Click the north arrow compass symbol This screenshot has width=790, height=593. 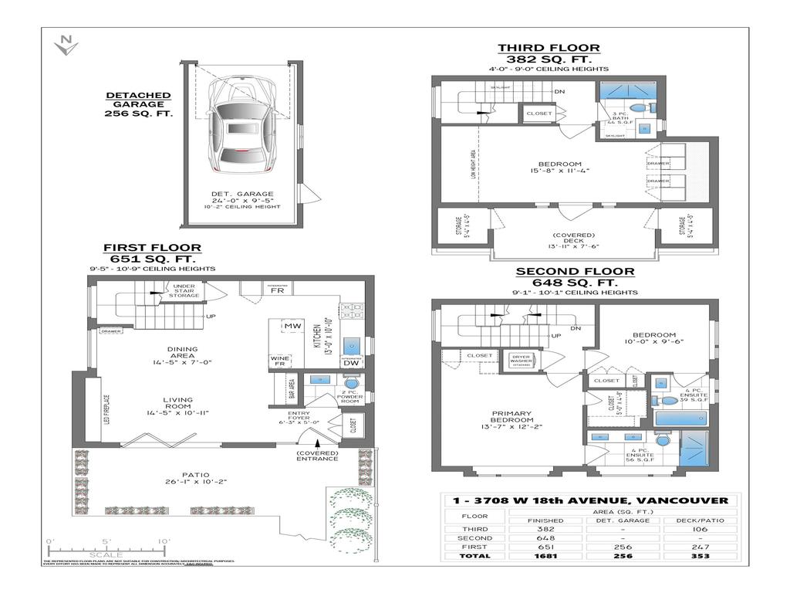[x=66, y=46]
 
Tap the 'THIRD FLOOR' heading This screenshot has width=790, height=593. [x=548, y=49]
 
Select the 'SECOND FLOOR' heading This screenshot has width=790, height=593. [x=575, y=271]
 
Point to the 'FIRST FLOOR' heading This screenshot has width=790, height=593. [x=152, y=248]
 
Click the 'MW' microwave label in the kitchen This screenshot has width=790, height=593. [x=292, y=326]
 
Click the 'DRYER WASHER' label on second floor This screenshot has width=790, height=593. [x=523, y=359]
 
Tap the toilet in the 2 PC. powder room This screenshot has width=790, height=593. [x=350, y=382]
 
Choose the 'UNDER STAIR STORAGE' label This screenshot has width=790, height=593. [x=184, y=290]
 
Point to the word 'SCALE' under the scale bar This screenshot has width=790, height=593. [x=106, y=554]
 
